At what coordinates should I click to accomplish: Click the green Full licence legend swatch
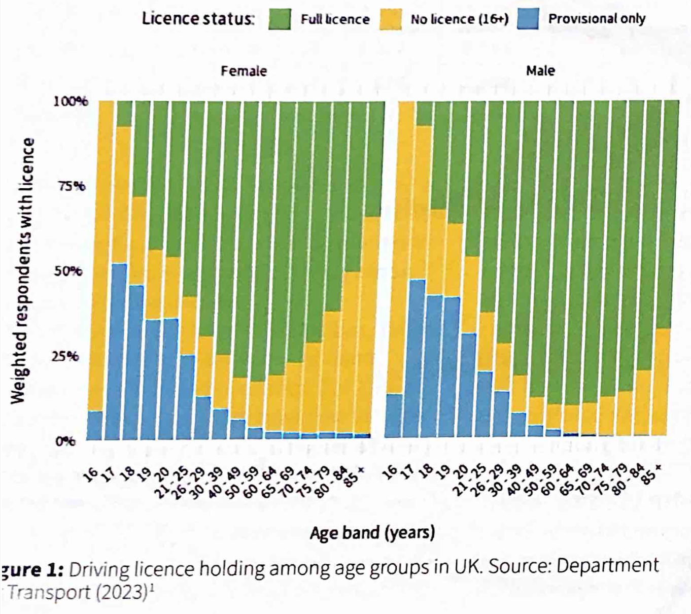click(280, 19)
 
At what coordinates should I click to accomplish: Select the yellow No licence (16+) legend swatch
click(390, 19)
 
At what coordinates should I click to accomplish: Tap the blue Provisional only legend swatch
click(528, 19)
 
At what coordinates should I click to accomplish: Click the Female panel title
click(244, 71)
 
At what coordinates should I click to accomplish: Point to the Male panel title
click(540, 70)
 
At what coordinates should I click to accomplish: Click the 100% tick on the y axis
click(71, 101)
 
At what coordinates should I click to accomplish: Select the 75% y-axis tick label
click(72, 186)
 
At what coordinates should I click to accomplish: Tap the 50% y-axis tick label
click(68, 271)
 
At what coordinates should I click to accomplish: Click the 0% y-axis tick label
click(65, 440)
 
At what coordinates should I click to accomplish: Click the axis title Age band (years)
click(372, 533)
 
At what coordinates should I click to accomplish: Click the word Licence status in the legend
click(197, 19)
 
